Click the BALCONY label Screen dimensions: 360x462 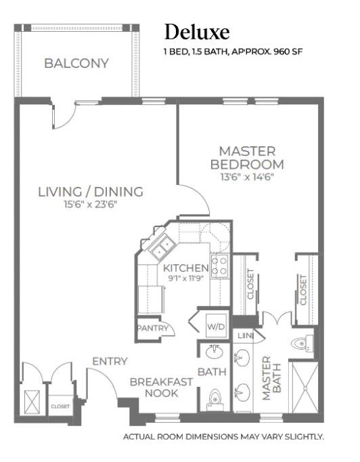click(x=76, y=64)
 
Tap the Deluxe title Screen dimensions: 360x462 click(x=197, y=32)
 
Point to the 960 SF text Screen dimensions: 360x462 click(x=288, y=51)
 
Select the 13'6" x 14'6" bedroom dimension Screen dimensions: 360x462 click(x=247, y=177)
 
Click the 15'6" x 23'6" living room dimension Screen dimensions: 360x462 click(x=91, y=204)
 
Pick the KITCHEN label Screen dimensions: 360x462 click(x=185, y=268)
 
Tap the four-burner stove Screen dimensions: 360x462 click(x=220, y=266)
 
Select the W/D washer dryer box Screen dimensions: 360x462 click(x=216, y=326)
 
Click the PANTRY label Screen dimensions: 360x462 click(x=153, y=328)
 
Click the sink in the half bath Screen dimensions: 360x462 click(x=215, y=352)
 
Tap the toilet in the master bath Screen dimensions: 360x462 click(x=302, y=343)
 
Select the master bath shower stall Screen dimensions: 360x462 click(x=306, y=387)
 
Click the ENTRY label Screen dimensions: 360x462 click(x=110, y=361)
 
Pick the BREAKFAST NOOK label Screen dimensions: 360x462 click(x=161, y=387)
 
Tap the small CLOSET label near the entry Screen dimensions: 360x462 click(x=60, y=406)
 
